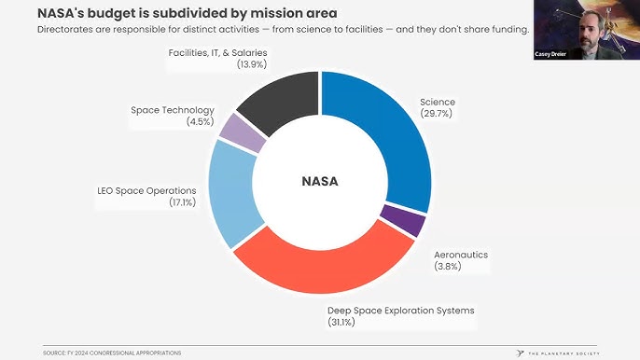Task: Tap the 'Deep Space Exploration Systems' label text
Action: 401,311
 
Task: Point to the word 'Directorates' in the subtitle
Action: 66,30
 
